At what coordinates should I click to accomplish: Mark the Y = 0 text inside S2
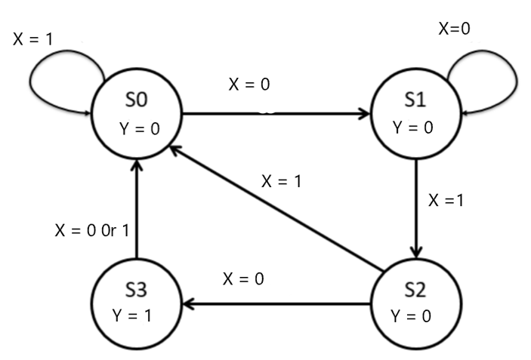pyautogui.click(x=412, y=315)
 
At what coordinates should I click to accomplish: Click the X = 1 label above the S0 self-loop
pyautogui.click(x=33, y=38)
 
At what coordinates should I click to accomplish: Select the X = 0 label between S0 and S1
pyautogui.click(x=249, y=84)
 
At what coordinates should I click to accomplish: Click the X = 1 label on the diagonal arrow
pyautogui.click(x=282, y=181)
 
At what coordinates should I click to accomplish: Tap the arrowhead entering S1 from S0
pyautogui.click(x=364, y=115)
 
